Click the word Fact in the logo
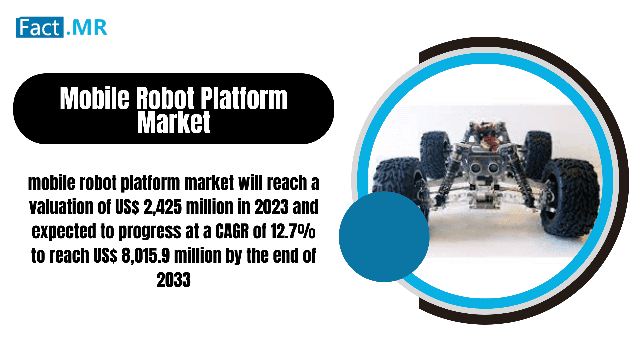click(x=39, y=27)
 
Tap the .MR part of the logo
click(x=87, y=28)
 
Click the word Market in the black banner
click(x=174, y=123)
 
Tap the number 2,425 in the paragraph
click(x=163, y=207)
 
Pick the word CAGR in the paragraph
click(x=232, y=231)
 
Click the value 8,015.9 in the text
click(x=146, y=256)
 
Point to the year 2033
click(x=174, y=280)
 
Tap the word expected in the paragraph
click(x=64, y=231)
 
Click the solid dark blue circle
click(x=384, y=237)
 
